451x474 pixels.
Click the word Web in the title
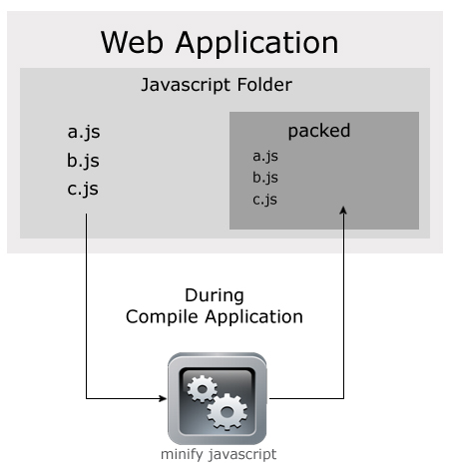click(x=132, y=42)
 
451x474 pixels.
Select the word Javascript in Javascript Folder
click(x=186, y=85)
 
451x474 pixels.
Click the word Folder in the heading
click(x=264, y=84)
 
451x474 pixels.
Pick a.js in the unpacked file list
click(x=84, y=133)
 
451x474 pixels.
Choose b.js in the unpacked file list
click(x=83, y=161)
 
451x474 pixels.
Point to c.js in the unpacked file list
click(x=83, y=190)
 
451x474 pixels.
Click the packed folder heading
click(x=319, y=132)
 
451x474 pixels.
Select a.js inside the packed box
click(x=265, y=157)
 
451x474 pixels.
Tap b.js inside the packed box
click(x=265, y=178)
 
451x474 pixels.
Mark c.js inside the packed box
click(x=264, y=200)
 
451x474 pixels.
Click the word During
click(x=215, y=295)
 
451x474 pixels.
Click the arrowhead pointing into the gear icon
click(x=163, y=398)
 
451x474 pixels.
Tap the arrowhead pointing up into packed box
click(x=343, y=211)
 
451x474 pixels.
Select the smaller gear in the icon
click(x=202, y=388)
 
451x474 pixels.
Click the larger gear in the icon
click(x=227, y=412)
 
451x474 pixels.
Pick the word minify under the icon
click(x=182, y=455)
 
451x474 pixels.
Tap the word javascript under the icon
click(x=242, y=455)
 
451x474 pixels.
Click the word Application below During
click(x=253, y=317)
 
